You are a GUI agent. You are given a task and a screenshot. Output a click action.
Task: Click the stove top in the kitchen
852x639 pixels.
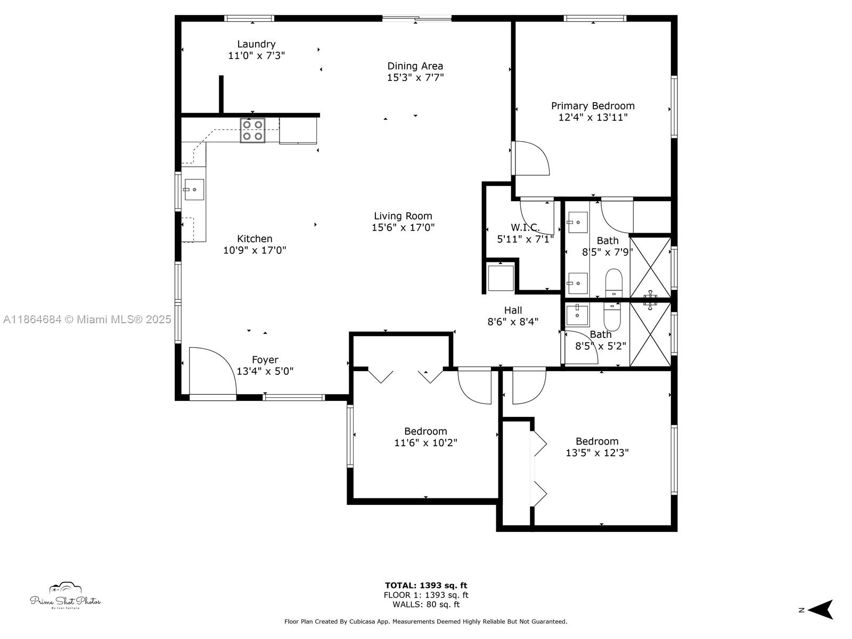(x=252, y=130)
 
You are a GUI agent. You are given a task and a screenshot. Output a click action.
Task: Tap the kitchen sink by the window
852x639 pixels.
(x=194, y=190)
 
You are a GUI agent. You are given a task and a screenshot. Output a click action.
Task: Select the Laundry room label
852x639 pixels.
(x=256, y=44)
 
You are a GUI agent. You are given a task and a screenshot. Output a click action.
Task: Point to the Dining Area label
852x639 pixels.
(x=415, y=66)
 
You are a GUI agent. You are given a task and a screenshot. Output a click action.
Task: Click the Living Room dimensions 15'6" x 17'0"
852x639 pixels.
(x=403, y=227)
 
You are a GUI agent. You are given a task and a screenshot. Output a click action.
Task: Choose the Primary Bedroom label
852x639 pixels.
(x=593, y=106)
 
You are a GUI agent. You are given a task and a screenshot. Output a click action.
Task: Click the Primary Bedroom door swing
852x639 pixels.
(x=530, y=158)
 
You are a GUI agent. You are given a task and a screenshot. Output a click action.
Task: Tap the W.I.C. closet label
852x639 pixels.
(x=525, y=227)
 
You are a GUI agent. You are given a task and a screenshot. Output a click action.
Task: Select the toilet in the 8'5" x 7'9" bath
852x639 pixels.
(x=613, y=283)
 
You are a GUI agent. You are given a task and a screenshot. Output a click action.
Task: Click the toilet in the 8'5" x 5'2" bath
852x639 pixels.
(x=612, y=316)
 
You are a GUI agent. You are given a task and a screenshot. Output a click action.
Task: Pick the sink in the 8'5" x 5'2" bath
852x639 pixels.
(x=578, y=315)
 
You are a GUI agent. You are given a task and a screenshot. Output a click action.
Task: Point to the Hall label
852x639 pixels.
(x=513, y=310)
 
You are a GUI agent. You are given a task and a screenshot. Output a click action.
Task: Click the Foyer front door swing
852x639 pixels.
(x=212, y=371)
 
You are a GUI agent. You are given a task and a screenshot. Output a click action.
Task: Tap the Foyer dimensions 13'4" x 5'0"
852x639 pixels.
(x=265, y=371)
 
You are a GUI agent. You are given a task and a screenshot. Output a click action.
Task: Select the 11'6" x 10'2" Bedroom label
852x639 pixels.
(x=425, y=431)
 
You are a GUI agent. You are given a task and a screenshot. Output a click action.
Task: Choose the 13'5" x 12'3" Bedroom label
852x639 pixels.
(x=597, y=441)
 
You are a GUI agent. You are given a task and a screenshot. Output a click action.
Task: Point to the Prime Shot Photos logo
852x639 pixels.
(x=65, y=595)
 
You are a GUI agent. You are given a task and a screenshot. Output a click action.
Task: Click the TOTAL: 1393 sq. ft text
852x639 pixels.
(x=426, y=585)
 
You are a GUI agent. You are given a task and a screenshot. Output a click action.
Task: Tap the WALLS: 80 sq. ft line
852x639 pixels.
(x=426, y=604)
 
